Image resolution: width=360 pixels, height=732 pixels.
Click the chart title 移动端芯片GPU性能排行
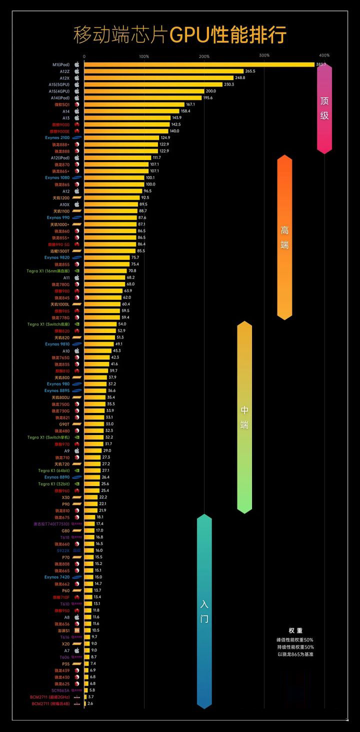pyautogui.click(x=180, y=35)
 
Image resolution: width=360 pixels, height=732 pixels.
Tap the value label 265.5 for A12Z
pyautogui.click(x=250, y=71)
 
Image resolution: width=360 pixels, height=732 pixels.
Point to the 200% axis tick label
pyautogui.click(x=204, y=56)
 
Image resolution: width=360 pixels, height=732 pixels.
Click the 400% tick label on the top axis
pyautogui.click(x=324, y=55)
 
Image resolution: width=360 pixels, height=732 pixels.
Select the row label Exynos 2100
pyautogui.click(x=57, y=137)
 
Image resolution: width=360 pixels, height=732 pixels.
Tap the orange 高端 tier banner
pyautogui.click(x=284, y=237)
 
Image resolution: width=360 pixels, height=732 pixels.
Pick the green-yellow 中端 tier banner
pyautogui.click(x=244, y=417)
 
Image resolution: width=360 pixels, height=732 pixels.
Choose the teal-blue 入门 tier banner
pyautogui.click(x=204, y=611)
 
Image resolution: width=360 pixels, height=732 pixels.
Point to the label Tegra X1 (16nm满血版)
pyautogui.click(x=48, y=271)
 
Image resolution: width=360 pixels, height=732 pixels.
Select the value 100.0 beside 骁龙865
pyautogui.click(x=150, y=184)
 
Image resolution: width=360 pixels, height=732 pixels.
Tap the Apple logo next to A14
pyautogui.click(x=77, y=111)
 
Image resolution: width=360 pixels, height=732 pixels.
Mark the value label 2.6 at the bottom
pyautogui.click(x=90, y=703)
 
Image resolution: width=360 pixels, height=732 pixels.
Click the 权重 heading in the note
pyautogui.click(x=295, y=630)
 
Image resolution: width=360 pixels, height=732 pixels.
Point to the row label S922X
pyautogui.click(x=63, y=550)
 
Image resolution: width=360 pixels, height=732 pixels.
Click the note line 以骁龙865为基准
pyautogui.click(x=295, y=654)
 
